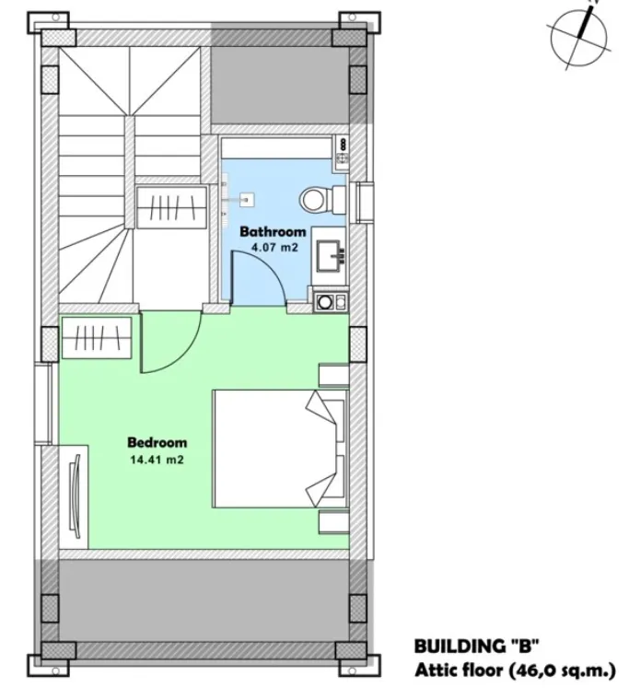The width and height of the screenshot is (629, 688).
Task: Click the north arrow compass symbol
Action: pyautogui.click(x=579, y=35)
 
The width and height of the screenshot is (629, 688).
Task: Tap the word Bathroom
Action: pyautogui.click(x=273, y=232)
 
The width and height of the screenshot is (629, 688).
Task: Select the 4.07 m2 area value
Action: pyautogui.click(x=273, y=247)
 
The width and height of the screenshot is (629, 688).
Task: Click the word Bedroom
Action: pyautogui.click(x=157, y=441)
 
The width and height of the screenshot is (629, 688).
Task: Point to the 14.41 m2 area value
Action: pyautogui.click(x=157, y=458)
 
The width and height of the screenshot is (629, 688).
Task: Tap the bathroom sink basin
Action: pyautogui.click(x=330, y=251)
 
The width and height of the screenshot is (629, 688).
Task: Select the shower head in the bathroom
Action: pyautogui.click(x=246, y=196)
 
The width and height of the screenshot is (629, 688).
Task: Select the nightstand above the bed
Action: pyautogui.click(x=332, y=375)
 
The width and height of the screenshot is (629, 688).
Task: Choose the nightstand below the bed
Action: pyautogui.click(x=332, y=521)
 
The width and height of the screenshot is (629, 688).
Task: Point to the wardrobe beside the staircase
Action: pyautogui.click(x=171, y=205)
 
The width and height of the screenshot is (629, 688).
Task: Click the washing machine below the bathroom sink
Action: pyautogui.click(x=330, y=300)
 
